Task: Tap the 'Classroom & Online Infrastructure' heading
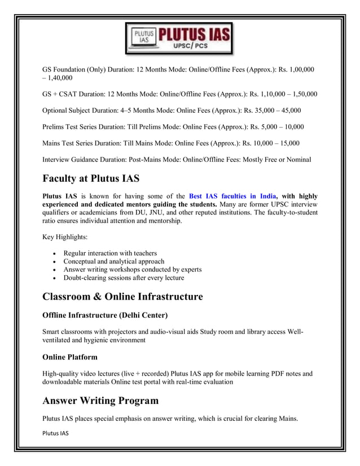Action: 122,296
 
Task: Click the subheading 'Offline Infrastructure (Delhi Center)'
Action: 105,314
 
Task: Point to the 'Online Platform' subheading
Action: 70,357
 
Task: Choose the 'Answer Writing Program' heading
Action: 100,401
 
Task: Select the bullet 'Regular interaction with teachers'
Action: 110,253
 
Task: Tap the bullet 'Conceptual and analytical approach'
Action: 113,261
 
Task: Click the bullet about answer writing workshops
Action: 133,270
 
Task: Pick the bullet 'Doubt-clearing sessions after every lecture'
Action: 124,278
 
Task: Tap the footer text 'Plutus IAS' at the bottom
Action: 55,433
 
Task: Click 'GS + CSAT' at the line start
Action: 61,94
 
